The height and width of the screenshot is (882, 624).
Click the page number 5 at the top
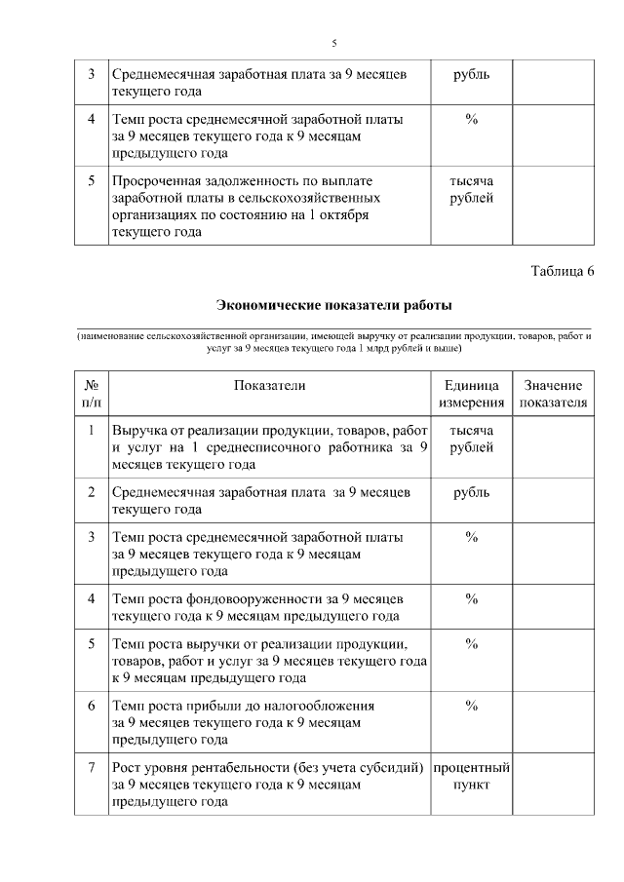(333, 43)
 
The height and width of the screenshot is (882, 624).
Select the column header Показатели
(269, 385)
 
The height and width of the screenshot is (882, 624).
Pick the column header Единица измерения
(471, 394)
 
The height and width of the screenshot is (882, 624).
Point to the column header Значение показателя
(553, 394)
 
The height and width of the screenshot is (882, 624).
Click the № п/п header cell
(92, 394)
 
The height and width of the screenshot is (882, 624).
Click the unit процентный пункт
(471, 777)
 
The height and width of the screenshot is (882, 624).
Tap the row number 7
(92, 768)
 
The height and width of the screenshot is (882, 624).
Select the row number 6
(92, 705)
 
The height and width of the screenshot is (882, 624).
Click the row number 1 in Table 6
(92, 430)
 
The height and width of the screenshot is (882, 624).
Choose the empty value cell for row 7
(553, 785)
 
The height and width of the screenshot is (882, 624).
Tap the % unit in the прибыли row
(471, 705)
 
